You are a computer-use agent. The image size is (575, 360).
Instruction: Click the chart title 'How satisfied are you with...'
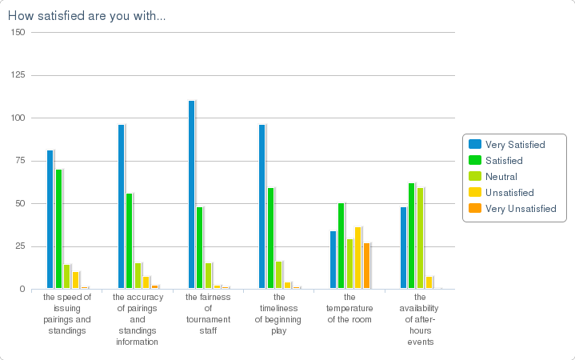(x=86, y=16)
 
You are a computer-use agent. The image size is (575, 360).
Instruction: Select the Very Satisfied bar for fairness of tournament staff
(x=191, y=194)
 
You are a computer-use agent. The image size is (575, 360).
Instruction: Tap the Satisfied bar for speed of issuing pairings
(x=58, y=229)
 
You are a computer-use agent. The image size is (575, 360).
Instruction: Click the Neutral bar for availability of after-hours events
(x=420, y=238)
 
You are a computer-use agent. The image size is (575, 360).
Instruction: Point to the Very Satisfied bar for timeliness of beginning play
(x=262, y=206)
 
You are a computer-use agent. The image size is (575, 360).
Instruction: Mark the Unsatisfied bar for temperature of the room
(x=357, y=258)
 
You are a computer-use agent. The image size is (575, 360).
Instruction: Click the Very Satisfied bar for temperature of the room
(x=333, y=260)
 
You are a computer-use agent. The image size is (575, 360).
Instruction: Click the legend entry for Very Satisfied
(x=514, y=145)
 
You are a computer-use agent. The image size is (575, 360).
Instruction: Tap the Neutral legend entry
(x=501, y=177)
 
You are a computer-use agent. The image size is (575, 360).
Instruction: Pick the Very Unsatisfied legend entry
(x=520, y=209)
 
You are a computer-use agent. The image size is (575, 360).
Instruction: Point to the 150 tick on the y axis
(x=18, y=33)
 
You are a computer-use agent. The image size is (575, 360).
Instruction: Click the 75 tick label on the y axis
(x=21, y=161)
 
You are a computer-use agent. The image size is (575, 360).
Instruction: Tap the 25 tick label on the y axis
(x=21, y=246)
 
